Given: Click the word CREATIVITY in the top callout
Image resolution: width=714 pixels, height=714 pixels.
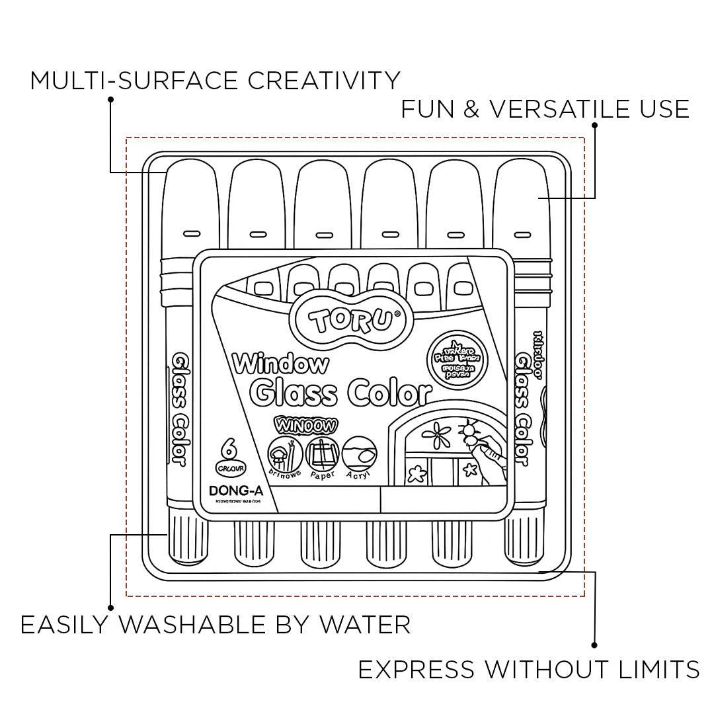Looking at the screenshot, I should pos(324,81).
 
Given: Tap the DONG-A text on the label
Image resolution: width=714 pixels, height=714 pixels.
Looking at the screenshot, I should pos(233,491).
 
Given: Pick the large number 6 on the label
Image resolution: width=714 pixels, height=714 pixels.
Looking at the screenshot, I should pos(229,450).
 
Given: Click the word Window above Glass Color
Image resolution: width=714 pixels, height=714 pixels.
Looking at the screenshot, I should pos(280,363).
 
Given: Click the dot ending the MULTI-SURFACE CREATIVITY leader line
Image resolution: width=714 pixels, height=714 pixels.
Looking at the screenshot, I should pos(110,100).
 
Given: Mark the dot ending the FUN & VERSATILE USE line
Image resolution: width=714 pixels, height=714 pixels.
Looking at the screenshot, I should pos(594,125).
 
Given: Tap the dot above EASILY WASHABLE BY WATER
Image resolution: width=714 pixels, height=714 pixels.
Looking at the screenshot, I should pos(110,607).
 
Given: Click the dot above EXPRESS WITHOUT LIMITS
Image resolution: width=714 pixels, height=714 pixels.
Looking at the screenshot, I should pos(594,645).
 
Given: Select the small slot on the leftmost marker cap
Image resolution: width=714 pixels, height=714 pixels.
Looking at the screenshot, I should pos(191,233).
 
